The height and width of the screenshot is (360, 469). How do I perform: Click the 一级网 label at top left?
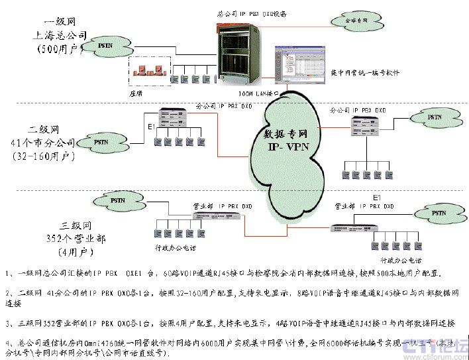point(59,21)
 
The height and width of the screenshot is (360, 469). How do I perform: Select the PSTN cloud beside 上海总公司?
point(104,45)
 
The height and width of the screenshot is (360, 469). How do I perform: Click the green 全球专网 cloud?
point(357,22)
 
